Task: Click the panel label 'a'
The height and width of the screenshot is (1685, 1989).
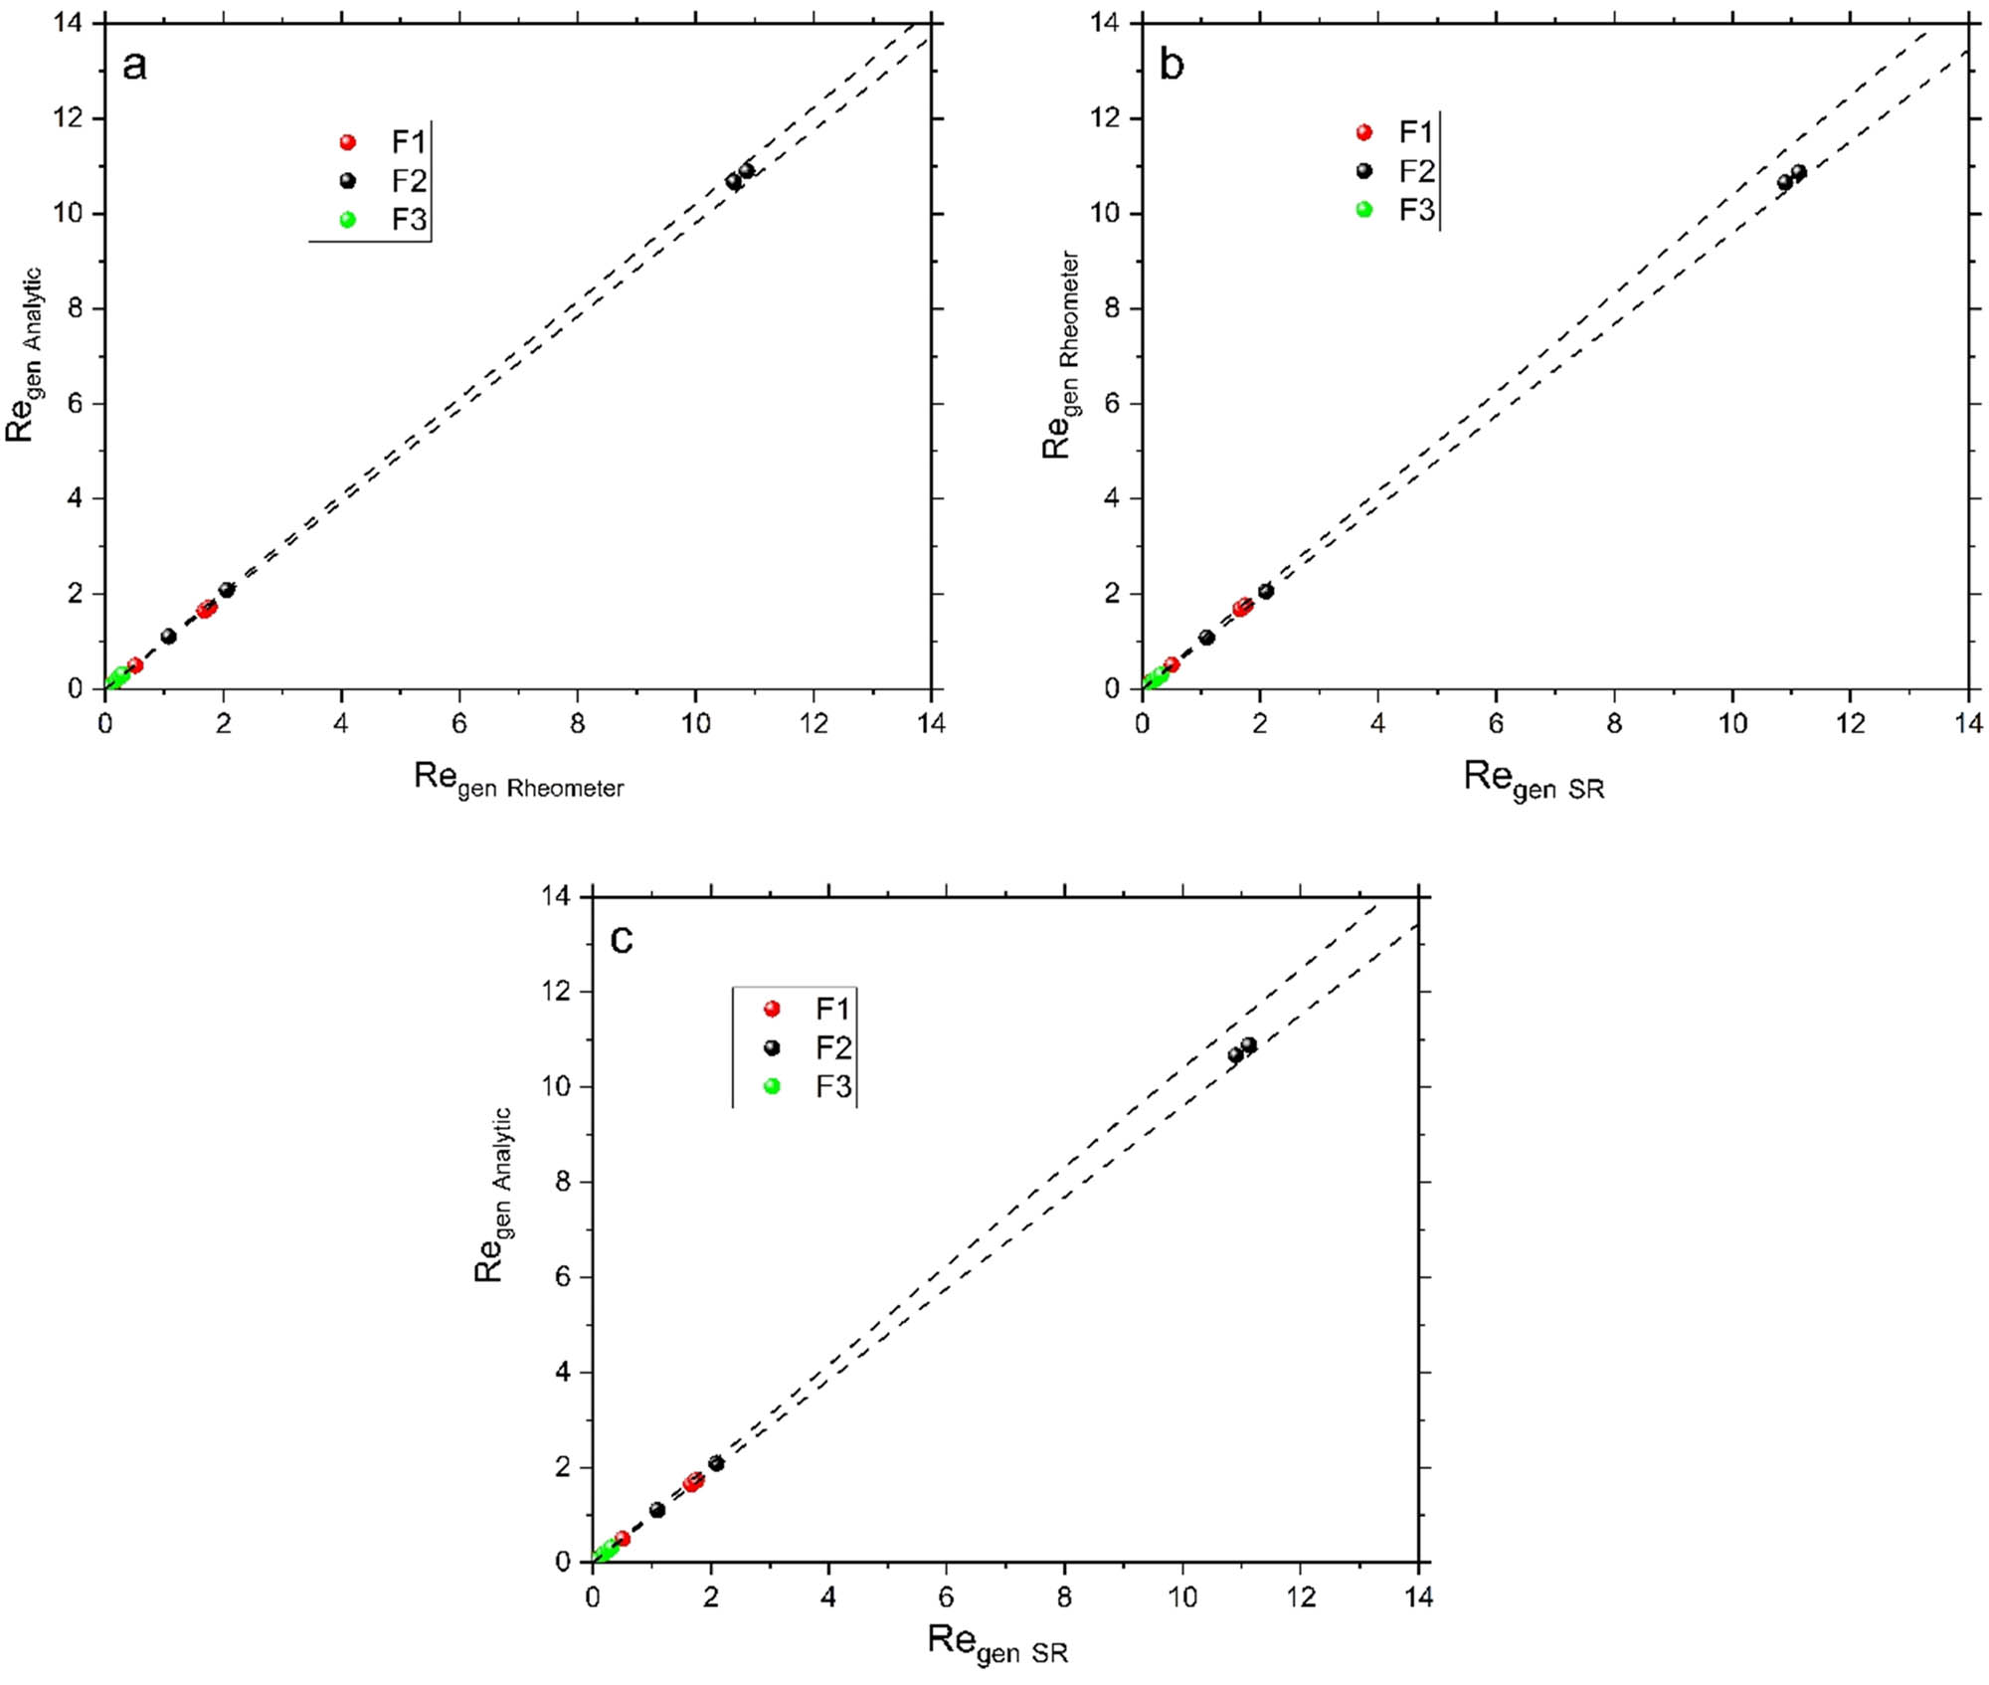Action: pyautogui.click(x=134, y=66)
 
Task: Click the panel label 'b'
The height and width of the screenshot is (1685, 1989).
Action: pyautogui.click(x=1172, y=66)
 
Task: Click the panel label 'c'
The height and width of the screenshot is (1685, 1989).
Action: pyautogui.click(x=622, y=938)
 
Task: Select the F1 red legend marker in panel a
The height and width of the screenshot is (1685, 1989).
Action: pyautogui.click(x=347, y=142)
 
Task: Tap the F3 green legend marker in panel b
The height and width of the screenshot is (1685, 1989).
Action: pyautogui.click(x=1364, y=210)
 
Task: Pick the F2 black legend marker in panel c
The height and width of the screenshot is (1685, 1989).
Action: pyautogui.click(x=772, y=1047)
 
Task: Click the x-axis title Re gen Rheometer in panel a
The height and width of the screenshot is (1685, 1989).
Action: pyautogui.click(x=518, y=779)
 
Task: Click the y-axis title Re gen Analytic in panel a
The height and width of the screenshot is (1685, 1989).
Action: pyautogui.click(x=24, y=355)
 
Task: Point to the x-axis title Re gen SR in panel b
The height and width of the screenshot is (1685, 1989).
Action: pyautogui.click(x=1534, y=779)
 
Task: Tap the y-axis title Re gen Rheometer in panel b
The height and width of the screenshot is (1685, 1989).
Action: pyautogui.click(x=1060, y=355)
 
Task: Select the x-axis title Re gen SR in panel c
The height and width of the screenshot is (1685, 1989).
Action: pyautogui.click(x=997, y=1643)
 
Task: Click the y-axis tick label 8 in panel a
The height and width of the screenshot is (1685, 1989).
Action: pyautogui.click(x=76, y=308)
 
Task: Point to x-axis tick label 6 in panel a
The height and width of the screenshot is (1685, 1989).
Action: pyautogui.click(x=458, y=724)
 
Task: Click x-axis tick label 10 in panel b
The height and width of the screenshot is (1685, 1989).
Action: pyautogui.click(x=1732, y=724)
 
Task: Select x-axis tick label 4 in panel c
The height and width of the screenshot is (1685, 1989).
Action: pyautogui.click(x=828, y=1597)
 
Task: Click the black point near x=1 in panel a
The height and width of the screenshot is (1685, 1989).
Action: pyautogui.click(x=168, y=637)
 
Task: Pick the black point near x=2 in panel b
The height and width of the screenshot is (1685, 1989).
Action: pyautogui.click(x=1266, y=592)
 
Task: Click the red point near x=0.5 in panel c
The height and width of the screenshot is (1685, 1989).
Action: pyautogui.click(x=623, y=1539)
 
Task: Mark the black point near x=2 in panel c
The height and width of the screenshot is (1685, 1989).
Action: pyautogui.click(x=716, y=1463)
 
